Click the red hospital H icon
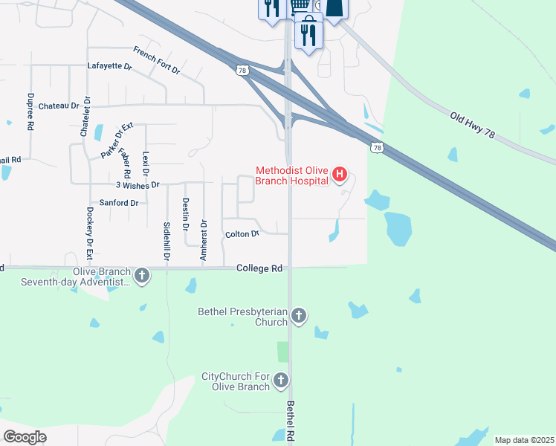[x=340, y=175]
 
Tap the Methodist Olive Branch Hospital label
[x=292, y=175]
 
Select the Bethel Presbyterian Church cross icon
[x=298, y=316]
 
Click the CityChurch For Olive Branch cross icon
[x=280, y=381]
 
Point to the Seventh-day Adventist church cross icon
[x=141, y=277]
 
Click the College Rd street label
[x=260, y=268]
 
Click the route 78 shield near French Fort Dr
[x=242, y=70]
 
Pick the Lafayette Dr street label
[x=109, y=66]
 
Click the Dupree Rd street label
[x=30, y=111]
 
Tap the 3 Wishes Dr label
[x=138, y=184]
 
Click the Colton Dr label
[x=242, y=234]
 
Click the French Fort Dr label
[x=157, y=60]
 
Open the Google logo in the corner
[x=25, y=436]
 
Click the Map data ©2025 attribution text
[x=524, y=440]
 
